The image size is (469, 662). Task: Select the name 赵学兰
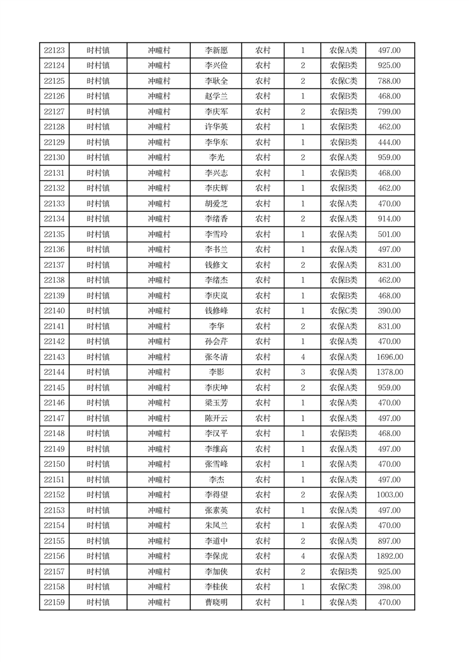(x=216, y=97)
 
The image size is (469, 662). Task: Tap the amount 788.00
(x=390, y=81)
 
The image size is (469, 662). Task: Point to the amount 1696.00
(x=390, y=357)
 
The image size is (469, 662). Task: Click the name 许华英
(x=216, y=127)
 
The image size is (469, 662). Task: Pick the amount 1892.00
(x=390, y=556)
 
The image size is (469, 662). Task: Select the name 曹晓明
(x=216, y=602)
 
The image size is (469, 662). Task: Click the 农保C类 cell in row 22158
(x=343, y=587)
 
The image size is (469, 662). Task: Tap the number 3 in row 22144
(x=302, y=372)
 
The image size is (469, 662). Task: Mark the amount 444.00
(x=390, y=143)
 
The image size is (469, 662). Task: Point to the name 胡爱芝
(x=216, y=204)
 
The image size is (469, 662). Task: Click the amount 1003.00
(x=390, y=495)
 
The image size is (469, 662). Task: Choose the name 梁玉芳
(x=216, y=403)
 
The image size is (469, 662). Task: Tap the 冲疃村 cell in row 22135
(x=159, y=234)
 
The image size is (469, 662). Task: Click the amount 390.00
(x=390, y=311)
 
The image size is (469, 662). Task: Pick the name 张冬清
(x=216, y=357)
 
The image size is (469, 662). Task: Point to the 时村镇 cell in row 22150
(x=98, y=464)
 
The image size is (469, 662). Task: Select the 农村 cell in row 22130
(x=263, y=158)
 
